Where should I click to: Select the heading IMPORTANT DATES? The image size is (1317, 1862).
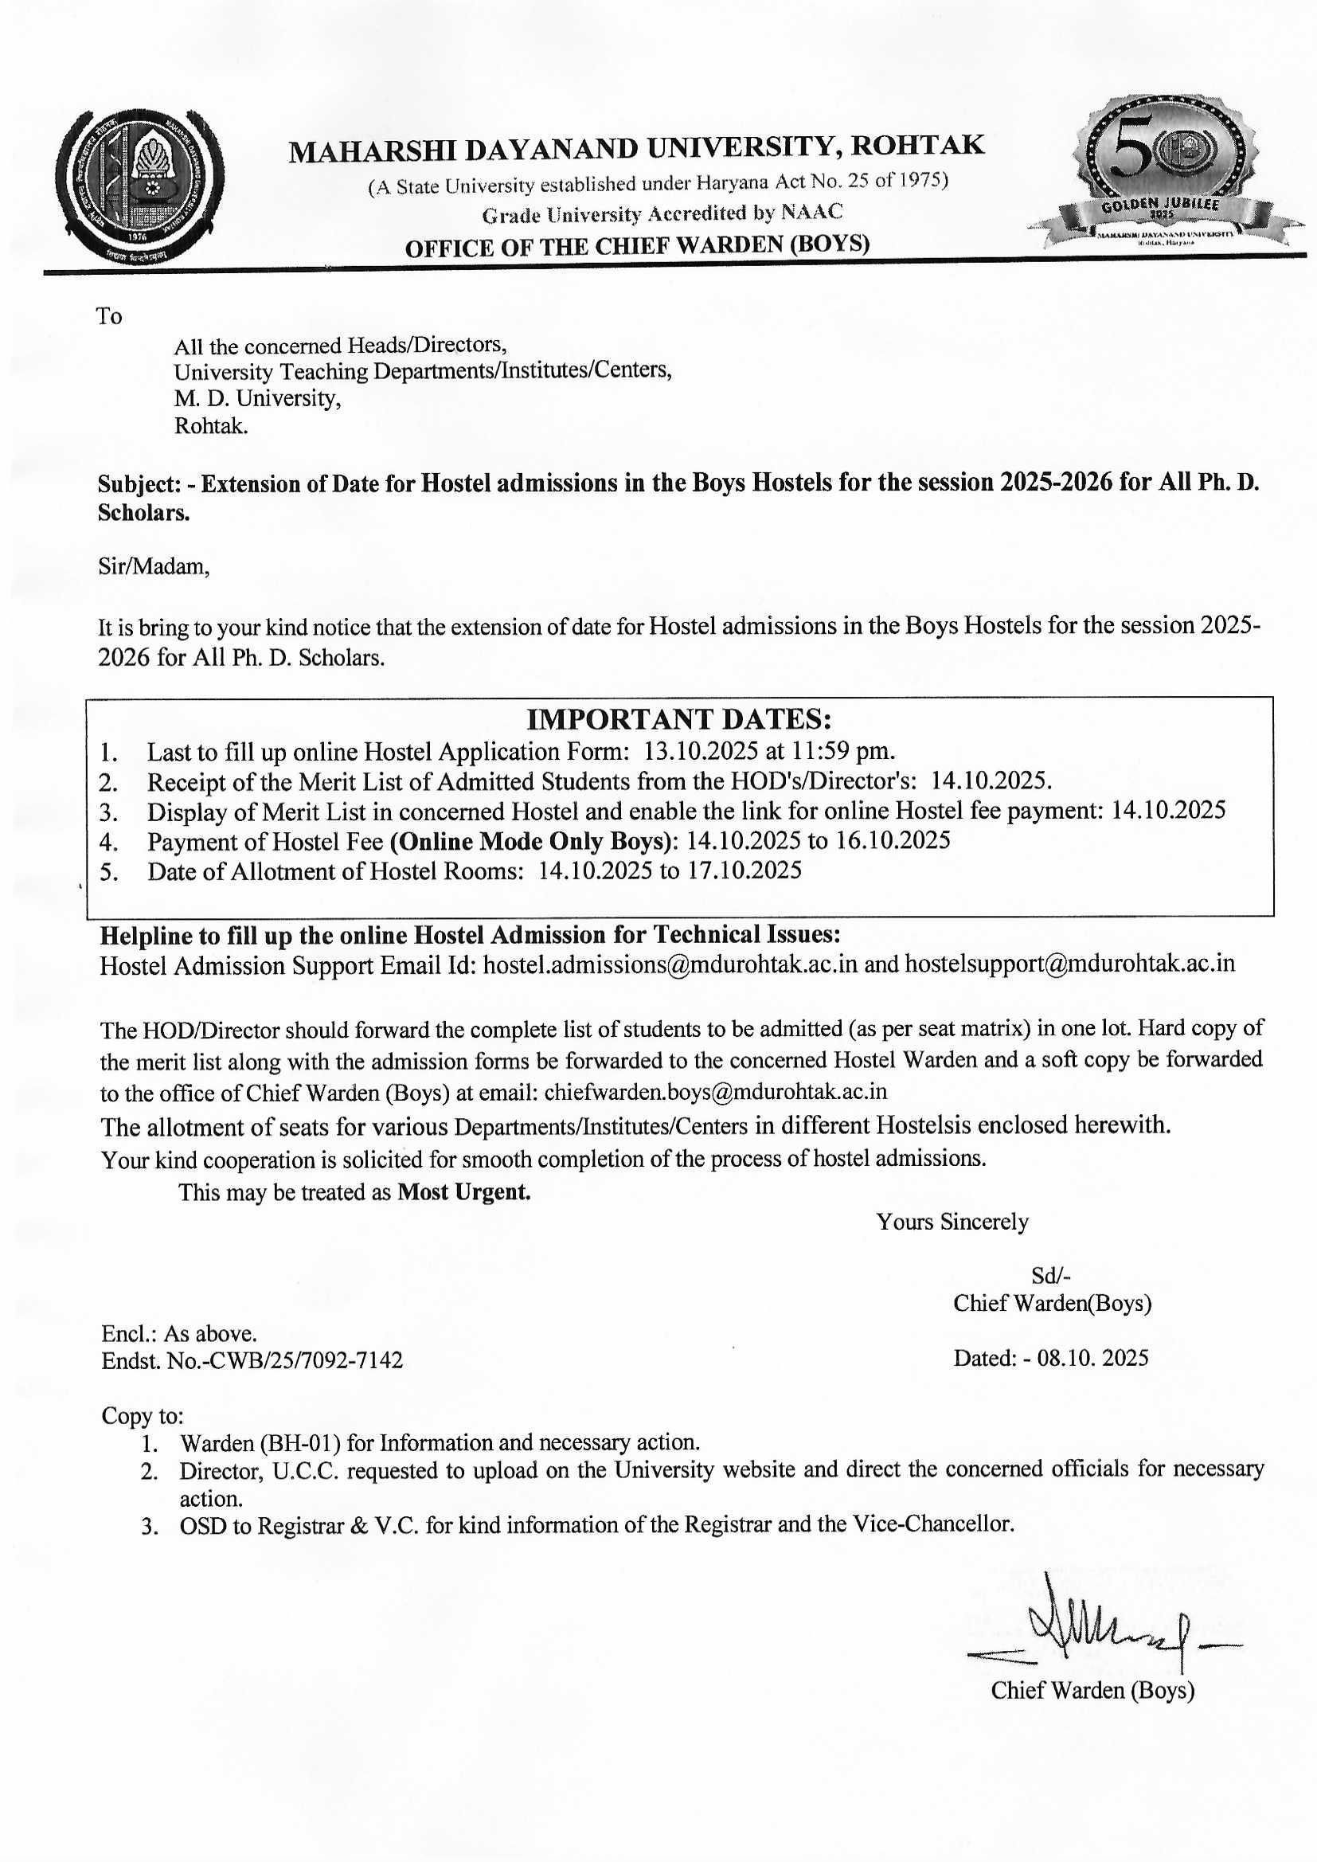pos(678,719)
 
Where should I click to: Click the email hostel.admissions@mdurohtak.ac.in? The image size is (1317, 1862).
pos(670,964)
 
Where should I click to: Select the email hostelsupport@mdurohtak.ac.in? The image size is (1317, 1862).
pos(1069,964)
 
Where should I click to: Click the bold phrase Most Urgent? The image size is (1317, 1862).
pos(464,1192)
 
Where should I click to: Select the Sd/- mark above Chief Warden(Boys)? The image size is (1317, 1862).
pos(1051,1276)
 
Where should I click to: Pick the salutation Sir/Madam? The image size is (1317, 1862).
pos(154,566)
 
